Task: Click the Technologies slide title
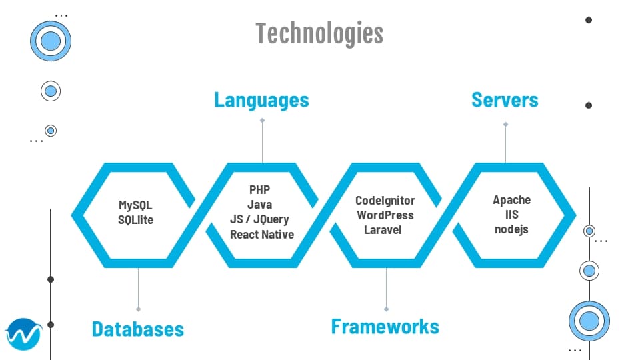[x=319, y=33]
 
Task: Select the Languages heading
[x=261, y=100]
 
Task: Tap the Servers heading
[x=505, y=100]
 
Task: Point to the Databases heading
[x=137, y=329]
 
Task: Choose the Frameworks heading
[x=385, y=326]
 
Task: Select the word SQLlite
[x=136, y=219]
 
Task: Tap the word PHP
[x=260, y=190]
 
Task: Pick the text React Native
[x=261, y=234]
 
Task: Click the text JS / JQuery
[x=261, y=219]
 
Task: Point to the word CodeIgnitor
[x=385, y=200]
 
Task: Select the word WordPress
[x=385, y=215]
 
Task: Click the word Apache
[x=512, y=199]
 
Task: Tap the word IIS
[x=512, y=214]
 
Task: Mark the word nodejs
[x=511, y=229]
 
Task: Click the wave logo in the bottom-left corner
[x=23, y=334]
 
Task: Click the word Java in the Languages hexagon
[x=260, y=205]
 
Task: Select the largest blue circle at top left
[x=51, y=42]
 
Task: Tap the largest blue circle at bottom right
[x=589, y=321]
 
